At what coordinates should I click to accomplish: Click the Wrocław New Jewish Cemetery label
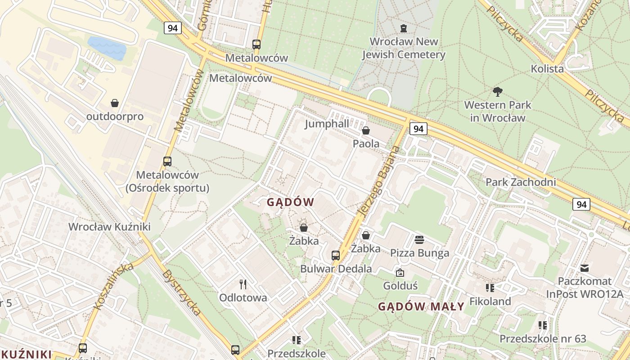[404, 48]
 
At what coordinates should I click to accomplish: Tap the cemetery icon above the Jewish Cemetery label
[404, 28]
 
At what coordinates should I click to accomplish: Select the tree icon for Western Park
[497, 92]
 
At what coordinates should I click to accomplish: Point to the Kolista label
[547, 69]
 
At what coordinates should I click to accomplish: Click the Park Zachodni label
[521, 182]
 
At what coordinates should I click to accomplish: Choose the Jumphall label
[327, 124]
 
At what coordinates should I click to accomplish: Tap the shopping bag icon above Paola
[366, 131]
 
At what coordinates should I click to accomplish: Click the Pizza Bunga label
[419, 253]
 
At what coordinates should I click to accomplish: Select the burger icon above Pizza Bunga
[419, 239]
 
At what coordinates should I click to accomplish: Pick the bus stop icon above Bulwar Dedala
[336, 256]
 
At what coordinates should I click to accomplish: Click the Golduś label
[400, 286]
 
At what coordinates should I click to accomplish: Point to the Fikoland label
[490, 301]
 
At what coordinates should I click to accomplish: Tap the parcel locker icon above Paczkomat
[585, 268]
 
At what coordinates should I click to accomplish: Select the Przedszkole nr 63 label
[543, 339]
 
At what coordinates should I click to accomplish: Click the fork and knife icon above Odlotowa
[243, 284]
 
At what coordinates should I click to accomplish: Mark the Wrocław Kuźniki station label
[109, 226]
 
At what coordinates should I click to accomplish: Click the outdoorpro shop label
[115, 117]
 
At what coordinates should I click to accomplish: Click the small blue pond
[107, 48]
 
